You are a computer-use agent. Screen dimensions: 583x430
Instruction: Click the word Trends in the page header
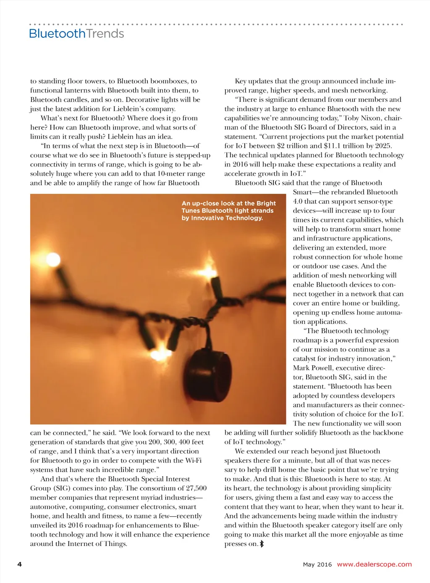click(x=105, y=34)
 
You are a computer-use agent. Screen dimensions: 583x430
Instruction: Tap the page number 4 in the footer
click(x=19, y=564)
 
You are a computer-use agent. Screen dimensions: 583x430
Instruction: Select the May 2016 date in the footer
click(x=317, y=565)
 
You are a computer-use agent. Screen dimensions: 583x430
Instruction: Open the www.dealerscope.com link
click(x=374, y=564)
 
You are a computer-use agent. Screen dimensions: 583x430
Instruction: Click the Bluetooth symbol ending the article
click(x=262, y=544)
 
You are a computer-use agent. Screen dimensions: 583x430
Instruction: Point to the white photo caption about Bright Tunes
click(x=228, y=211)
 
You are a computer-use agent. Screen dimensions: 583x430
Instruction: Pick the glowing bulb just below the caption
click(x=208, y=270)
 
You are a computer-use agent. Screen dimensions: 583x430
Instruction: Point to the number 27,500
click(x=196, y=488)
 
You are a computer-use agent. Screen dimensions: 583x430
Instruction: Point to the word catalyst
click(x=307, y=359)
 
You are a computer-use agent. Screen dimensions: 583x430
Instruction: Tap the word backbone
click(x=386, y=433)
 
